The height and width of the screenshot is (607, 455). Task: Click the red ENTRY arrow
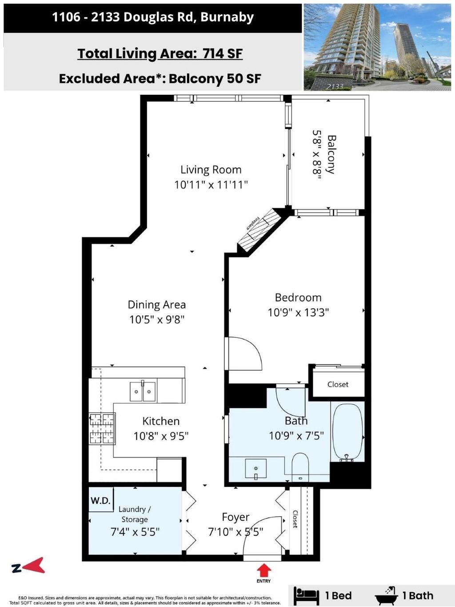pos(263,570)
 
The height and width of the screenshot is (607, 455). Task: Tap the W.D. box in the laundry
pos(101,501)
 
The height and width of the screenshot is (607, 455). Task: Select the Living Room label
pos(211,169)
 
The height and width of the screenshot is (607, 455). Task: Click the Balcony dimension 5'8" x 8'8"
pos(317,156)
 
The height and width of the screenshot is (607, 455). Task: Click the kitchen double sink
pos(143,392)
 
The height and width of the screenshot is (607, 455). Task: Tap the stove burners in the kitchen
pos(102,429)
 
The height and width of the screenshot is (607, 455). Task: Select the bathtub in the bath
pos(347,432)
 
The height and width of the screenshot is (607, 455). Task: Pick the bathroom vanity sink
pos(256,468)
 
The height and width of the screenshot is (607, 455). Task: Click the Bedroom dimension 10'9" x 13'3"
pos(298,313)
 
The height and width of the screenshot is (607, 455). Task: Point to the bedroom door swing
pos(244,353)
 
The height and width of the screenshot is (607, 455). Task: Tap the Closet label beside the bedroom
pos(338,384)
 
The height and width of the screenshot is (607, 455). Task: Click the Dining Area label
pos(157,305)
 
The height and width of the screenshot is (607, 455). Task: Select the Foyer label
pos(235,517)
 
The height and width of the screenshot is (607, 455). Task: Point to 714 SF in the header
pos(223,53)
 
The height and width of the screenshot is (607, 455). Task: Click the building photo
pos(377,47)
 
